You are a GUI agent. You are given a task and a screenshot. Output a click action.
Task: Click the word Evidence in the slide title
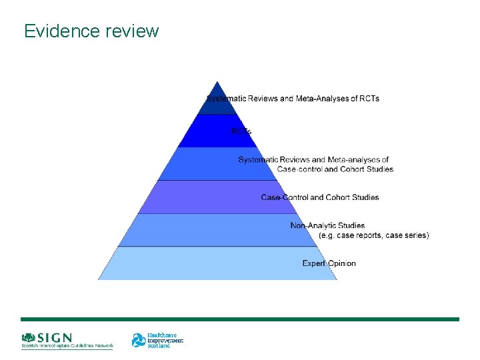click(55, 31)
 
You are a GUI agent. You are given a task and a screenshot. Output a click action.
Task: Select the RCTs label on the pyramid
click(241, 132)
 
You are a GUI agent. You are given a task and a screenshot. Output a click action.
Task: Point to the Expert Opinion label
click(329, 263)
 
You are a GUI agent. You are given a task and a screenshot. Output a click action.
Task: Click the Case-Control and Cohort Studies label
click(319, 197)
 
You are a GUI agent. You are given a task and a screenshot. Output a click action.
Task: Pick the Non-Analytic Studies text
click(327, 226)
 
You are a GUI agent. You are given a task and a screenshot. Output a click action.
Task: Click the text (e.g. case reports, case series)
click(373, 235)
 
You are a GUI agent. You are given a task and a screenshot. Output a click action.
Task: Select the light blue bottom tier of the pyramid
click(217, 263)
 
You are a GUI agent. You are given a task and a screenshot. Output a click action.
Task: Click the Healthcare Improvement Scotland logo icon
click(138, 340)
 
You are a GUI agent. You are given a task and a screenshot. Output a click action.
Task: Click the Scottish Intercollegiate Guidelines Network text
click(67, 346)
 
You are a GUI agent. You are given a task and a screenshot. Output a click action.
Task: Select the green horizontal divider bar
click(240, 319)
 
